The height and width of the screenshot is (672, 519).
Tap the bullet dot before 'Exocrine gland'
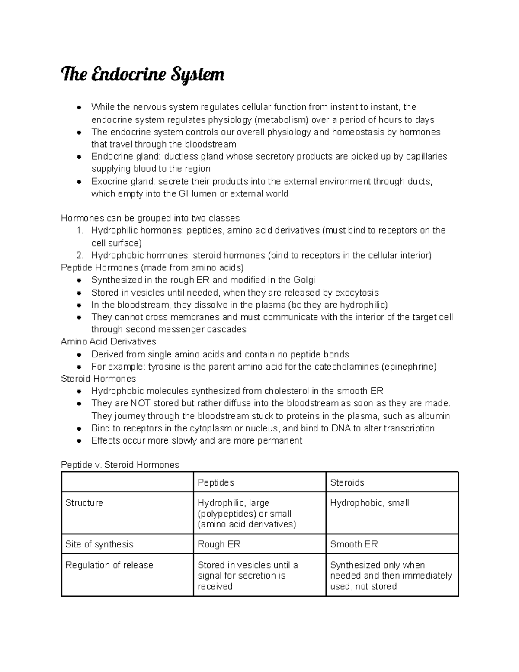[79, 182]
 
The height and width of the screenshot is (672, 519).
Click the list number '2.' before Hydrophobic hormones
[80, 255]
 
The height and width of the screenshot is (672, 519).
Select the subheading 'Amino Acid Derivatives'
[109, 341]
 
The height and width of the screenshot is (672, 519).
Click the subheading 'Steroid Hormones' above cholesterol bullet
[99, 379]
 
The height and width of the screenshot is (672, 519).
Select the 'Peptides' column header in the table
[216, 482]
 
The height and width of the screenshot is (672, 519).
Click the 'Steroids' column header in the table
[347, 482]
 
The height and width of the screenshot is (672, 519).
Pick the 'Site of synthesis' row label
[99, 544]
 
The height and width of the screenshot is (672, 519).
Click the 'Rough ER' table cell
[219, 544]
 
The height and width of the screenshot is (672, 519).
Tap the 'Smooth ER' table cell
[354, 544]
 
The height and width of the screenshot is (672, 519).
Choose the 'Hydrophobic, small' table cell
[369, 503]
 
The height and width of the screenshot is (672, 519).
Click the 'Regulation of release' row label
[109, 565]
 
